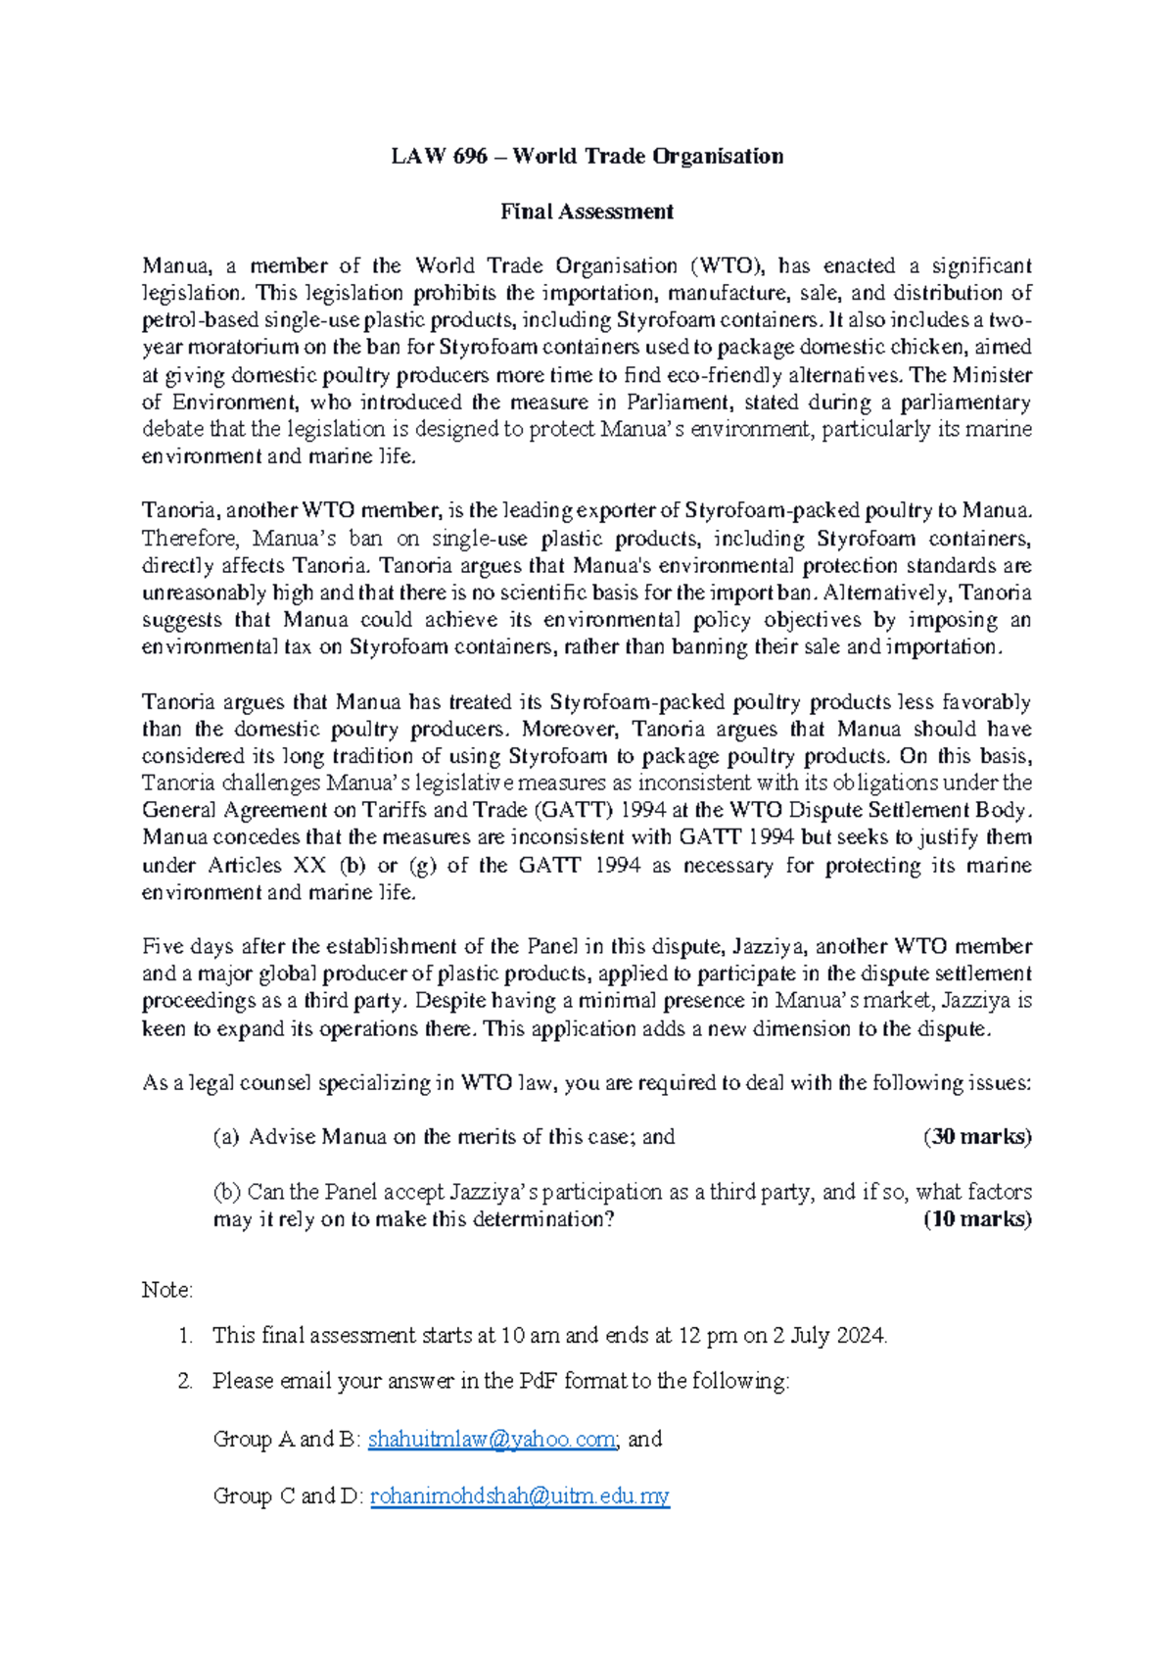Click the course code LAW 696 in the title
coord(439,157)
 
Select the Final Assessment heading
coord(587,212)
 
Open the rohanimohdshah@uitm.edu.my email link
coord(519,1495)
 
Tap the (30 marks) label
coord(977,1136)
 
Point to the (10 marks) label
coord(977,1219)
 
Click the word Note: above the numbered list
coord(167,1290)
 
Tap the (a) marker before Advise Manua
coord(226,1137)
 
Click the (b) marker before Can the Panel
coord(226,1192)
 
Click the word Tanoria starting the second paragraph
coord(178,510)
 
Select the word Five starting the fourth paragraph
coord(163,946)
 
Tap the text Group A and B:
coord(286,1439)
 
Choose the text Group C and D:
coord(288,1495)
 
